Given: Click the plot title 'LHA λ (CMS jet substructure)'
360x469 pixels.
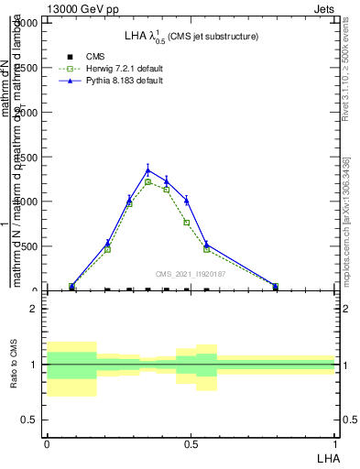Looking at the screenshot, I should click(191, 36).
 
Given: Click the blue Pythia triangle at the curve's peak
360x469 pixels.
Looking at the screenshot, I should click(147, 169).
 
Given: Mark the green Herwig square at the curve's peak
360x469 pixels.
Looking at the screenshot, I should click(147, 182).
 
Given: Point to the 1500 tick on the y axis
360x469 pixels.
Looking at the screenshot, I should click(29, 158).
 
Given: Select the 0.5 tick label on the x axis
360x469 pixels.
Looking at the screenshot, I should click(191, 443).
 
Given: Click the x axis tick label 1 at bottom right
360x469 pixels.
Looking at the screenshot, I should click(335, 443).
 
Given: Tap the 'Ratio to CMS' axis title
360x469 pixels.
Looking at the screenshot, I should click(13, 364).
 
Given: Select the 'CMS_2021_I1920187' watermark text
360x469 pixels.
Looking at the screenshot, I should click(191, 274).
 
